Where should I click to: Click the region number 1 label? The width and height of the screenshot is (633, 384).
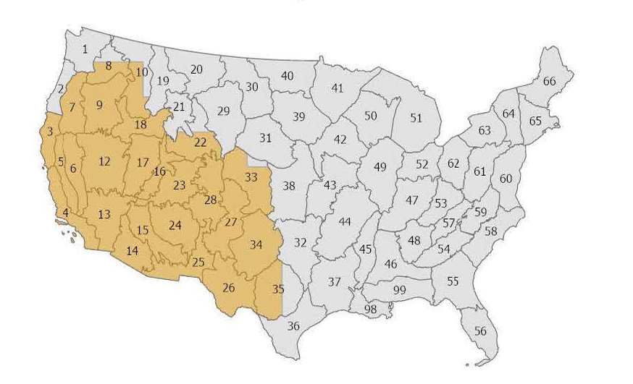click(85, 49)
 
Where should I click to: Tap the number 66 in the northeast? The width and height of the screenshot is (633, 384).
click(549, 81)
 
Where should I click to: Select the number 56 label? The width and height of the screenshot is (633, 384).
click(480, 331)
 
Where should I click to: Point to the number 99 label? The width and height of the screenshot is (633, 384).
click(399, 290)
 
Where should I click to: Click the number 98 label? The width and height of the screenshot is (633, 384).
click(371, 310)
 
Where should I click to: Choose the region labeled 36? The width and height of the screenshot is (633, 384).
click(293, 326)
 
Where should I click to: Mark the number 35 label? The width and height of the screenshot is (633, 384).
click(279, 289)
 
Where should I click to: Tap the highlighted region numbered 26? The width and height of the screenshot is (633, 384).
click(229, 289)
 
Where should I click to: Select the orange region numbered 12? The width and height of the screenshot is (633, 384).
click(105, 161)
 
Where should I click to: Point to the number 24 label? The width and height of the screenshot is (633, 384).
click(175, 225)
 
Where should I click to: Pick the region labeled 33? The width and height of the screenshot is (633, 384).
click(251, 176)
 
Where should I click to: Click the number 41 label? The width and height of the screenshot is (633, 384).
click(337, 88)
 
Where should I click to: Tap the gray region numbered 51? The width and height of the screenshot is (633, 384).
click(416, 118)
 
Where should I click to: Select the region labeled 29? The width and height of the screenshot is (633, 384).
click(223, 111)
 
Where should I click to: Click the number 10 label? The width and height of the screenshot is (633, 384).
click(141, 72)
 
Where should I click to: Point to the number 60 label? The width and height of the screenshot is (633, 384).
click(506, 179)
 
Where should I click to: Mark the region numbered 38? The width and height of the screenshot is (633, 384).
click(289, 186)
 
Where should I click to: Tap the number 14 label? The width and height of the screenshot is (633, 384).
click(132, 252)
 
